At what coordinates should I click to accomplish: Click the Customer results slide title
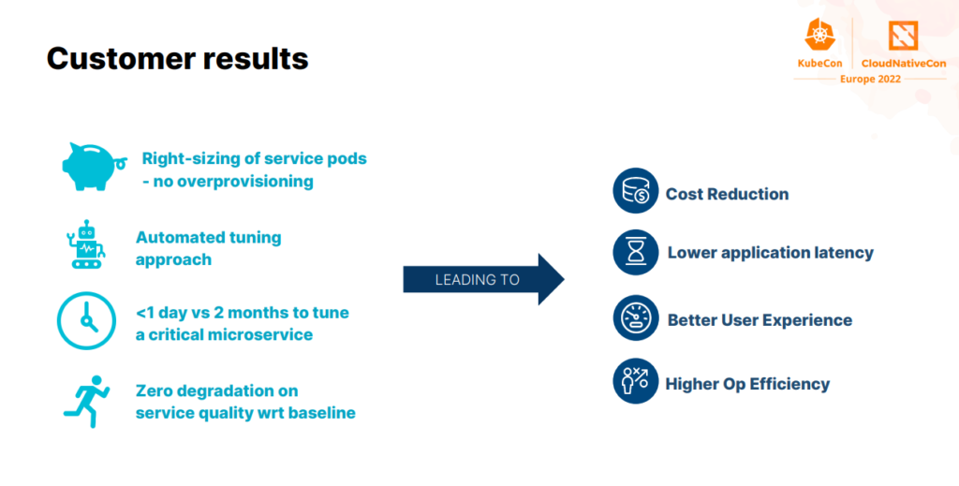pyautogui.click(x=177, y=59)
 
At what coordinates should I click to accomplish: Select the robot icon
pyautogui.click(x=87, y=245)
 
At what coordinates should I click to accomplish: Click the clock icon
pyautogui.click(x=86, y=320)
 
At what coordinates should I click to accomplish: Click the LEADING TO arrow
pyautogui.click(x=483, y=279)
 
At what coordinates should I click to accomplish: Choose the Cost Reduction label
pyautogui.click(x=727, y=195)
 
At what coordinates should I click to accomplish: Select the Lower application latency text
pyautogui.click(x=770, y=253)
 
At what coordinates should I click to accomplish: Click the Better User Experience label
pyautogui.click(x=760, y=320)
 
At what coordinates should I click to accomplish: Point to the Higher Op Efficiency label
pyautogui.click(x=747, y=384)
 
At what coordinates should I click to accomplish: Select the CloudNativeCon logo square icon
pyautogui.click(x=904, y=36)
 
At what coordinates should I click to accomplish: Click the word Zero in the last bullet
pyautogui.click(x=156, y=390)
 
